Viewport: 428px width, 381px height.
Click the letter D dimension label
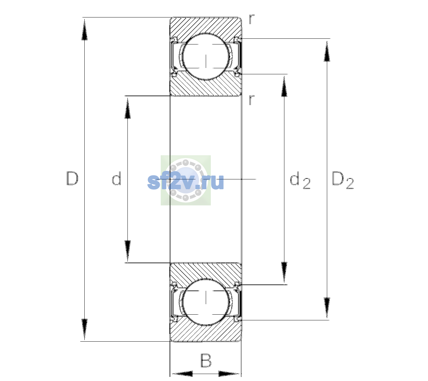pos(72,178)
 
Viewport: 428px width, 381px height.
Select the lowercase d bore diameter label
pos(116,178)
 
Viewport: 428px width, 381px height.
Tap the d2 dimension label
pos(300,180)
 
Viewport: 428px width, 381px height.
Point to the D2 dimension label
pos(343,180)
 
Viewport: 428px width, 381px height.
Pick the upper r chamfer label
pos(252,19)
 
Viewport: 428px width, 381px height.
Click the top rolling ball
pos(206,57)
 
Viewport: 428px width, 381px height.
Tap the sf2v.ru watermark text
pos(185,182)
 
